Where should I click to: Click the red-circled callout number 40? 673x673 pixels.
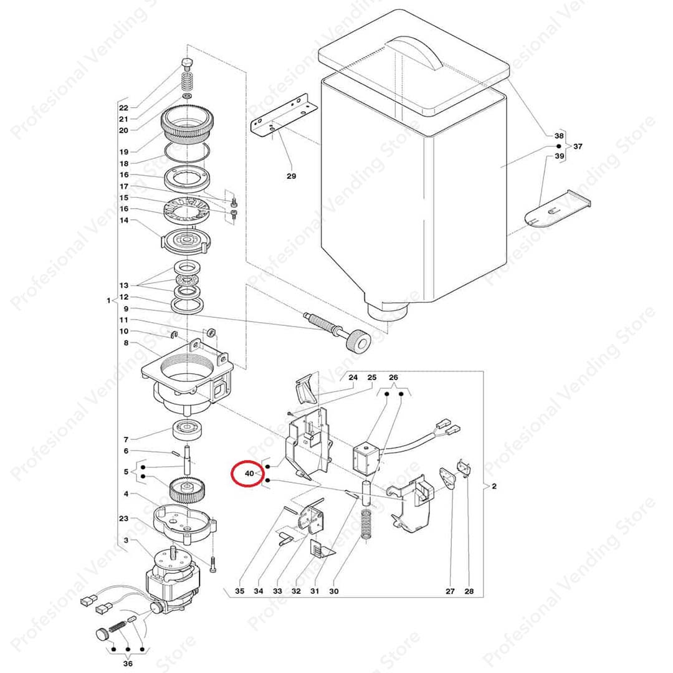(249, 474)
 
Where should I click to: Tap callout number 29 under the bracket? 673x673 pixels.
(292, 176)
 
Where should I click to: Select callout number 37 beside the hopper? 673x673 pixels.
(578, 146)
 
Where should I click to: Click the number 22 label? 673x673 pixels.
(123, 108)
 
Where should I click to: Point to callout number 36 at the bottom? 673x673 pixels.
(128, 664)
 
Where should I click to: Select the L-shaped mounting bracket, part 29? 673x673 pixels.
(284, 117)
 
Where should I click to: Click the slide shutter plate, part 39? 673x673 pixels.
(557, 208)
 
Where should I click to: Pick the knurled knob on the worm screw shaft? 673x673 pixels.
(358, 342)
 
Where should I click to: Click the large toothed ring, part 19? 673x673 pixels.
(187, 122)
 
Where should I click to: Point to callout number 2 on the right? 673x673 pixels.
(494, 486)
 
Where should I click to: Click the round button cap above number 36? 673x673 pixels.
(102, 634)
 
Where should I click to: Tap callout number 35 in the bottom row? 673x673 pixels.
(239, 591)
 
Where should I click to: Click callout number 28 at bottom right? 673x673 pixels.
(469, 591)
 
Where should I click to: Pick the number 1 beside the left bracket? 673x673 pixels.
(108, 300)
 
